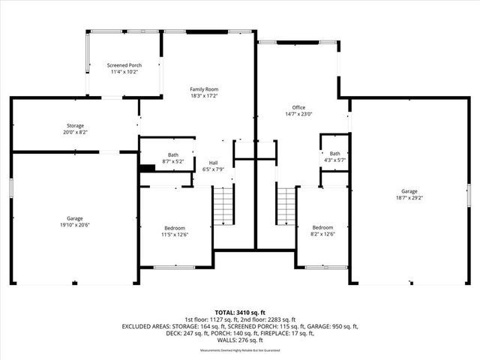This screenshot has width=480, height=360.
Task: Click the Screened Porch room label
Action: point(124,65)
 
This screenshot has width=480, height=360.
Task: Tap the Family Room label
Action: point(203,89)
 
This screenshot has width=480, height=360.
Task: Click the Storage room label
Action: point(73,125)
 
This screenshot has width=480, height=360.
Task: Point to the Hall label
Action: point(213,162)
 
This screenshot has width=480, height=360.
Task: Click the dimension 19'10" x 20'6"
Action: point(73,224)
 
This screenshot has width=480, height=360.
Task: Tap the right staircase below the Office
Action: point(287,206)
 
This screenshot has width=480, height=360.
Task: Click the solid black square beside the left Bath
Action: point(146,169)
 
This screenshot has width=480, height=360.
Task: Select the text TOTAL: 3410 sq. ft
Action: point(240,312)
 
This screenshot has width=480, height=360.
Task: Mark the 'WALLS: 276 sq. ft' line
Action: point(240,340)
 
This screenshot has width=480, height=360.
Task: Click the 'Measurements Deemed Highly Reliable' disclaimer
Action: point(240,350)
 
